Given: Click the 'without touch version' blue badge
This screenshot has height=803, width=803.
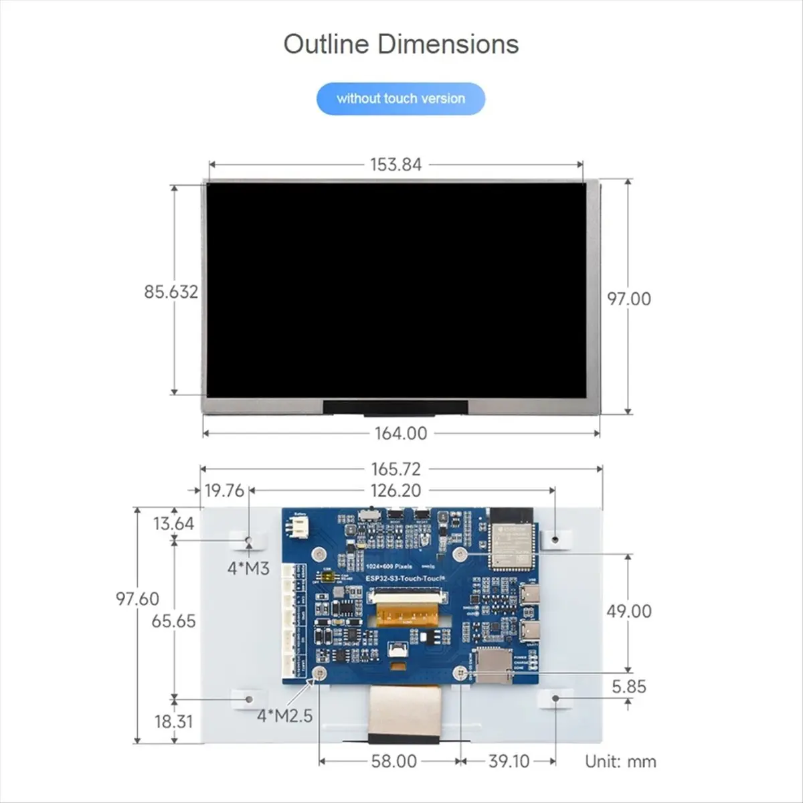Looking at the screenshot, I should click(x=400, y=98).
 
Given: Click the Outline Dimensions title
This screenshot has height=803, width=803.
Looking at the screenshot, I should click(x=401, y=44).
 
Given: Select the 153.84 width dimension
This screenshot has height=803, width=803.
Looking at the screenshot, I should click(x=395, y=165).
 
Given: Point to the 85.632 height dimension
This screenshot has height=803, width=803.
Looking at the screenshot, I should click(x=171, y=292).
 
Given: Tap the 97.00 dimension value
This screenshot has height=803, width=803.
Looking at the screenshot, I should click(x=628, y=298).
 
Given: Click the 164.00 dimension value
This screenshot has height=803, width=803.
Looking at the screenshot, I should click(x=400, y=434).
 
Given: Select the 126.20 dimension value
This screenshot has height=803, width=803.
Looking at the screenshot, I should click(x=395, y=490).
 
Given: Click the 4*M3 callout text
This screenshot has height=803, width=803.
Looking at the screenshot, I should click(x=248, y=569).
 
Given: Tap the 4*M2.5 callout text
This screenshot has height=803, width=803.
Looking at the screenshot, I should click(x=285, y=715).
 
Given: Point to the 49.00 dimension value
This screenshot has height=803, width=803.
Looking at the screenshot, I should click(x=628, y=611).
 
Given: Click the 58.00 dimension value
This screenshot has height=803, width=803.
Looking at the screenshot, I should click(x=393, y=761).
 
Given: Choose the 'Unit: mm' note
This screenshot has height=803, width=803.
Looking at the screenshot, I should click(x=620, y=761).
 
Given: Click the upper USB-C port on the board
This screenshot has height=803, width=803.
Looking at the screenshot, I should click(x=534, y=594).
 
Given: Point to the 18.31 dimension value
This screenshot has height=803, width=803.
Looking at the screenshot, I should click(x=173, y=721).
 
